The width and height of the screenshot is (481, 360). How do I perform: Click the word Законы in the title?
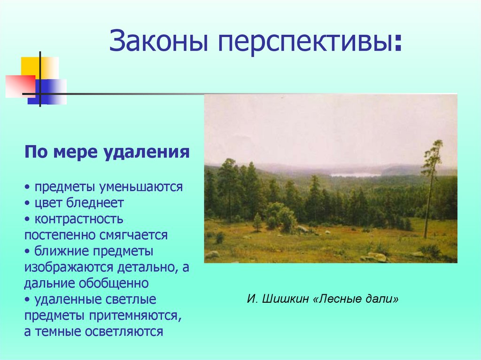pos(159,41)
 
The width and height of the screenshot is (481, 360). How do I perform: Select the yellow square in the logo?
pos(39,69)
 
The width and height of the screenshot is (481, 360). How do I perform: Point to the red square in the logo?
pos(20,86)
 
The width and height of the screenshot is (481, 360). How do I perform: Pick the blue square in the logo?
pos(47,92)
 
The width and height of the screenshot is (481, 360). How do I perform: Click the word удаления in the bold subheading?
pos(147,153)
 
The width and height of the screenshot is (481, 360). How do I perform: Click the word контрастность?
pos(79,219)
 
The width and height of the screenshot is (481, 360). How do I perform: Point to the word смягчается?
pos(133,235)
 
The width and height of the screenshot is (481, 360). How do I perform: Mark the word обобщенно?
pos(114,283)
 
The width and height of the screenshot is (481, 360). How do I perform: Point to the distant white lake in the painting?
pos(355,175)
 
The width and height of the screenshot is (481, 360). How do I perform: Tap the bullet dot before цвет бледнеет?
pos(28,203)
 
